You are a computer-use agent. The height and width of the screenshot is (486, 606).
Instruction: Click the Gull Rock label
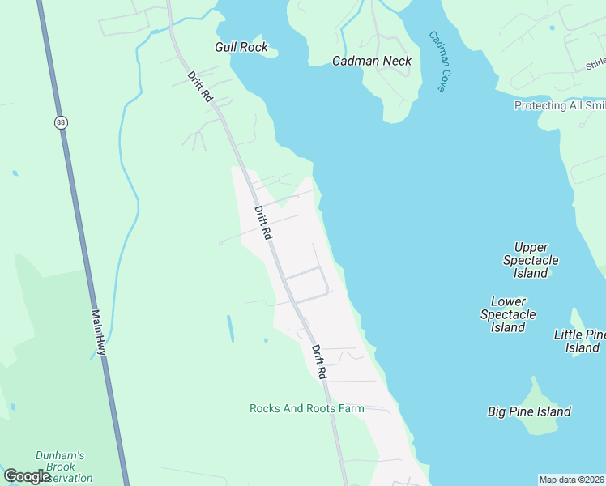click(241, 48)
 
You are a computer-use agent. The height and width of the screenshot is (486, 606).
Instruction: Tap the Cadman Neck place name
click(372, 61)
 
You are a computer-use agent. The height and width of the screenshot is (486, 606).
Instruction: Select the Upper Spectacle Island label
click(531, 260)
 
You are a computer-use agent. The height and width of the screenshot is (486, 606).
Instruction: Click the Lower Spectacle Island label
click(508, 314)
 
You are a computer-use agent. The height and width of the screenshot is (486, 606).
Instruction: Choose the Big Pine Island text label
click(529, 411)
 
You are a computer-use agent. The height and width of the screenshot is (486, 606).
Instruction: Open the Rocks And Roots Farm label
click(306, 409)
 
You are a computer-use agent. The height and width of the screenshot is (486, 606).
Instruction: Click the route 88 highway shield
click(62, 122)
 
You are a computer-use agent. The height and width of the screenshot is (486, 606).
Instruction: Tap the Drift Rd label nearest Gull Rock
click(199, 87)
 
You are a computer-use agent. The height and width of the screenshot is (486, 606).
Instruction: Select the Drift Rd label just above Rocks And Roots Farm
click(318, 362)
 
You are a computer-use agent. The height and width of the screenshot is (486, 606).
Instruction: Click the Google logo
click(27, 476)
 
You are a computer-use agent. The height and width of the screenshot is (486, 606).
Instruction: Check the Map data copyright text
click(571, 480)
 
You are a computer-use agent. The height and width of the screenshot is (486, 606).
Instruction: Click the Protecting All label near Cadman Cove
click(559, 106)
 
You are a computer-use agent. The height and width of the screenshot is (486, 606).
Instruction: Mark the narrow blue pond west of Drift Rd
click(230, 328)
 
